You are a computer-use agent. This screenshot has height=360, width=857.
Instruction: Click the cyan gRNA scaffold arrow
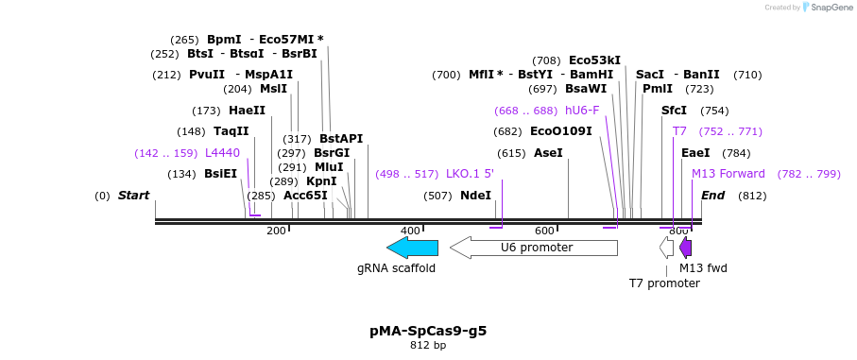click(x=413, y=248)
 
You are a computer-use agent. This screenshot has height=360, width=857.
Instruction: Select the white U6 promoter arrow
click(x=534, y=248)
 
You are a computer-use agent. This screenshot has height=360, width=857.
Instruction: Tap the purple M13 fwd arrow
click(x=686, y=248)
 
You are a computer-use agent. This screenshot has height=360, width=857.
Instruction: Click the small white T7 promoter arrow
click(x=667, y=248)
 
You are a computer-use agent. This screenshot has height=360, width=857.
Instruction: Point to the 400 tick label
click(x=410, y=231)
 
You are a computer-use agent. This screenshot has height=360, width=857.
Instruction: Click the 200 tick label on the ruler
click(x=276, y=231)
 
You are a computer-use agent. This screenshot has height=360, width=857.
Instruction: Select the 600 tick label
click(x=544, y=231)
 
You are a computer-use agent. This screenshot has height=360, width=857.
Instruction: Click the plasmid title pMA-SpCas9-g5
click(x=428, y=331)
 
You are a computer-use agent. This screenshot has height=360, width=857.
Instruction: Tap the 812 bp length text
click(x=428, y=346)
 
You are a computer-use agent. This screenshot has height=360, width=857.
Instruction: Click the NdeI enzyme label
click(x=475, y=196)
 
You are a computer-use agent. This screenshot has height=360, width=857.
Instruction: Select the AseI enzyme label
click(x=548, y=152)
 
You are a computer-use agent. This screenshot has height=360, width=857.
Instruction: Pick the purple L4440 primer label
click(x=222, y=152)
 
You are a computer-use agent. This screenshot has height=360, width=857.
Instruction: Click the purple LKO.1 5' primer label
click(x=470, y=174)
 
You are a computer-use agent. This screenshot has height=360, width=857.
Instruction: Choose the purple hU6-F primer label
click(x=582, y=111)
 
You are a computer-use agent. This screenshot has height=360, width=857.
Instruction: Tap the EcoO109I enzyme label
click(x=560, y=131)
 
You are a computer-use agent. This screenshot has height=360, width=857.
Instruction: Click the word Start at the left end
click(x=133, y=196)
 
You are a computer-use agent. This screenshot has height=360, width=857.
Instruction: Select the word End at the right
click(x=712, y=196)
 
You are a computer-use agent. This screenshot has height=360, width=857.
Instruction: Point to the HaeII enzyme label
click(x=247, y=111)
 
